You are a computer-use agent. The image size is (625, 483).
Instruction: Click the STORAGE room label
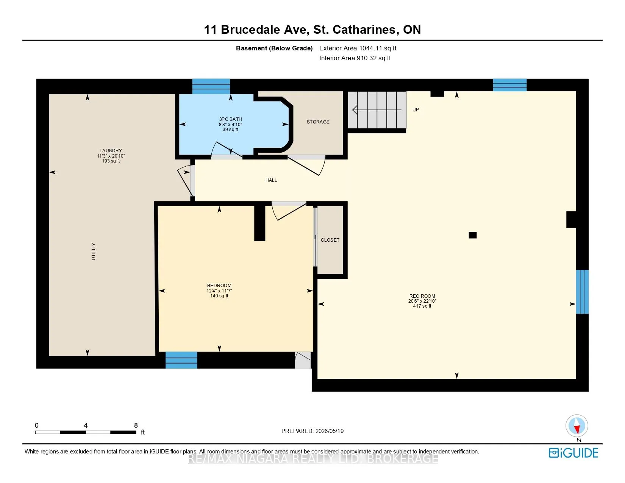[x=318, y=122]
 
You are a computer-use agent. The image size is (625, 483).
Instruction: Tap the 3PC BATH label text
[x=230, y=119]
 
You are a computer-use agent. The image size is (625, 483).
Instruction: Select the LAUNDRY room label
[x=111, y=150]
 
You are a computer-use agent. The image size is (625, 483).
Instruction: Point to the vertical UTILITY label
[x=93, y=252]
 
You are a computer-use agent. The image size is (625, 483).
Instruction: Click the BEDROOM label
[x=219, y=285]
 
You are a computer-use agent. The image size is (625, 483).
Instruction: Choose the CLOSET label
[x=330, y=240]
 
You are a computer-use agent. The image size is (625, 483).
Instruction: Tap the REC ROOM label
[x=422, y=296]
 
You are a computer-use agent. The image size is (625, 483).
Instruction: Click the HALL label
[x=271, y=180]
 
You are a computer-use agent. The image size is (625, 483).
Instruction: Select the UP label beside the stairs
[x=416, y=109]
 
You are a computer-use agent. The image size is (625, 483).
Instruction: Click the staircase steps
[x=377, y=110]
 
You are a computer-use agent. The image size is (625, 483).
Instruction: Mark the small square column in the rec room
[x=473, y=235]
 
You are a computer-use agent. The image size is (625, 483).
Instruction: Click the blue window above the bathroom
[x=211, y=86]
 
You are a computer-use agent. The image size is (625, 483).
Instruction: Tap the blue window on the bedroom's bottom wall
[x=181, y=360]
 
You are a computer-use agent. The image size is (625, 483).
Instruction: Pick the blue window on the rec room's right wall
[x=582, y=291]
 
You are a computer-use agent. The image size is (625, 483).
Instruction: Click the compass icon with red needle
[x=577, y=426]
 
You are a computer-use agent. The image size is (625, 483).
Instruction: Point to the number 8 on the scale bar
[x=136, y=425]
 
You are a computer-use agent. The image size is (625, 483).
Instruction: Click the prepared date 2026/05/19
[x=329, y=431]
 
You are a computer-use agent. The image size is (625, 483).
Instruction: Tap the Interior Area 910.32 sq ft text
[x=355, y=58]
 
